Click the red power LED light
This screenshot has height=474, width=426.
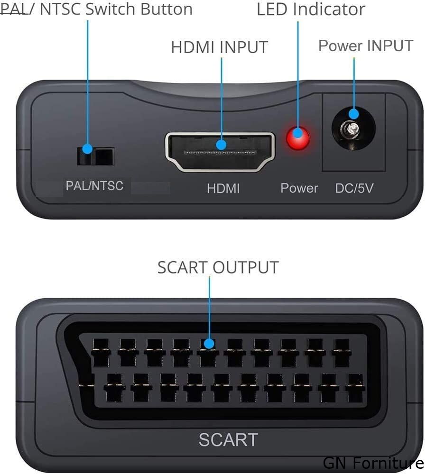[298, 138]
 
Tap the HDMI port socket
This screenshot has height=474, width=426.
[220, 152]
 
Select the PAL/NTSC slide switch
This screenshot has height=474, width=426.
[95, 156]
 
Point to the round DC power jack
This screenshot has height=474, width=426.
[353, 128]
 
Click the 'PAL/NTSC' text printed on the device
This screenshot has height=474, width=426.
[94, 186]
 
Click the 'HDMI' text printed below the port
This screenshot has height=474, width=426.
[223, 188]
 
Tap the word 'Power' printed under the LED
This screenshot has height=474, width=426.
[299, 188]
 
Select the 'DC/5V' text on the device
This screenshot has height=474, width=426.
[354, 188]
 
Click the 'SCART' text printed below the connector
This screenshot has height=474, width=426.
[229, 439]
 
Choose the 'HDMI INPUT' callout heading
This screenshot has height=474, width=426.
[220, 47]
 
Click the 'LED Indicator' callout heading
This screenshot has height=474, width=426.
[311, 9]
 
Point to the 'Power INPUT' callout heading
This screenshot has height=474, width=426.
[366, 46]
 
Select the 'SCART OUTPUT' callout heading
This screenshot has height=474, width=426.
[218, 267]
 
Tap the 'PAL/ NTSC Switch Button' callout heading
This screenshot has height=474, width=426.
[96, 9]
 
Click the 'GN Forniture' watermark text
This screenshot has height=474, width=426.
[373, 463]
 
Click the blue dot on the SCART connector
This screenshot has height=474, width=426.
[209, 344]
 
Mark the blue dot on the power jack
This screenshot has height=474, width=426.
[353, 114]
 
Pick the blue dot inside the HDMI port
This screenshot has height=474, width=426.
[221, 145]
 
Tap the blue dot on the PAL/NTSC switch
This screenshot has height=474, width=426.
[87, 149]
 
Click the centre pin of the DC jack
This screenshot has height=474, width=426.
[351, 129]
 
